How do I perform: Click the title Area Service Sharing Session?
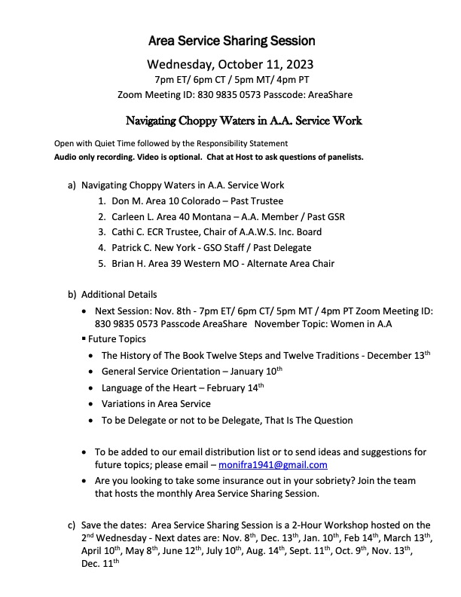coord(230,40)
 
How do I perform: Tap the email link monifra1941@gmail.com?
coord(273,465)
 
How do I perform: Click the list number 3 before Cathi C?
coord(101,231)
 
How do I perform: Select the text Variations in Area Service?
coord(156,404)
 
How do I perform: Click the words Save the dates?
coord(113,525)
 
